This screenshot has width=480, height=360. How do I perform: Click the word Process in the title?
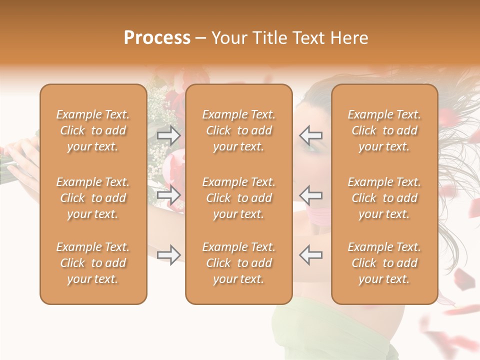[157, 38]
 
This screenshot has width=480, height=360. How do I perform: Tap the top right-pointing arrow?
[168, 135]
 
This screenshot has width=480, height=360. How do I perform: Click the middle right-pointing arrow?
[168, 195]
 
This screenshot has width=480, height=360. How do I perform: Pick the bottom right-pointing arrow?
[168, 255]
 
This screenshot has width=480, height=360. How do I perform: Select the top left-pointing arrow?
[311, 135]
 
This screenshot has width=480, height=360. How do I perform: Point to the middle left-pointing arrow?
[311, 195]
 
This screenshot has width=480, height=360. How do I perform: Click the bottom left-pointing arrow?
[311, 255]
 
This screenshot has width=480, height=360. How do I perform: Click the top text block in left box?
[93, 130]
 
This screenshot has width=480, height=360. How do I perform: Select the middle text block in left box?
[93, 198]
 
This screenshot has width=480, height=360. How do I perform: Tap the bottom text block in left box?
[93, 263]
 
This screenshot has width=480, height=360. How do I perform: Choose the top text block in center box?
[238, 130]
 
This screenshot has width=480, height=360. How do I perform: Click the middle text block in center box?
[238, 198]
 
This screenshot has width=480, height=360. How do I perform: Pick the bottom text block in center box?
[238, 263]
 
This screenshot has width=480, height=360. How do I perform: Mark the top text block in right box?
[384, 130]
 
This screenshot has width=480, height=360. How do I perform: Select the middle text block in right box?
[384, 198]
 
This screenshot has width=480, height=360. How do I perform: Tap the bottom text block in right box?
[384, 263]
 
